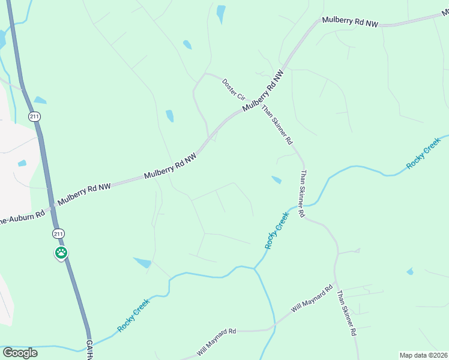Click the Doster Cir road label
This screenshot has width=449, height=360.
click(x=234, y=89)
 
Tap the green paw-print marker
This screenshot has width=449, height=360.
click(x=61, y=253)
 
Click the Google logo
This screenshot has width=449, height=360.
click(x=20, y=353)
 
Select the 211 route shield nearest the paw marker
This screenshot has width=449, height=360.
click(x=58, y=233)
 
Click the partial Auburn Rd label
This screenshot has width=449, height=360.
click(x=22, y=218)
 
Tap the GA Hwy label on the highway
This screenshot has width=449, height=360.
click(x=89, y=347)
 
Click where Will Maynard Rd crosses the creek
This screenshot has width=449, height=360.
click(x=274, y=328)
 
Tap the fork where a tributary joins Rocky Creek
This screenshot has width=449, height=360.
click(x=255, y=269)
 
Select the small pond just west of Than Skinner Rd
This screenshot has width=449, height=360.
click(x=276, y=179)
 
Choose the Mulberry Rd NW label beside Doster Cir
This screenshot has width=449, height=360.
click(x=262, y=92)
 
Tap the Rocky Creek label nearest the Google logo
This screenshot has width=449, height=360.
click(x=133, y=315)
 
